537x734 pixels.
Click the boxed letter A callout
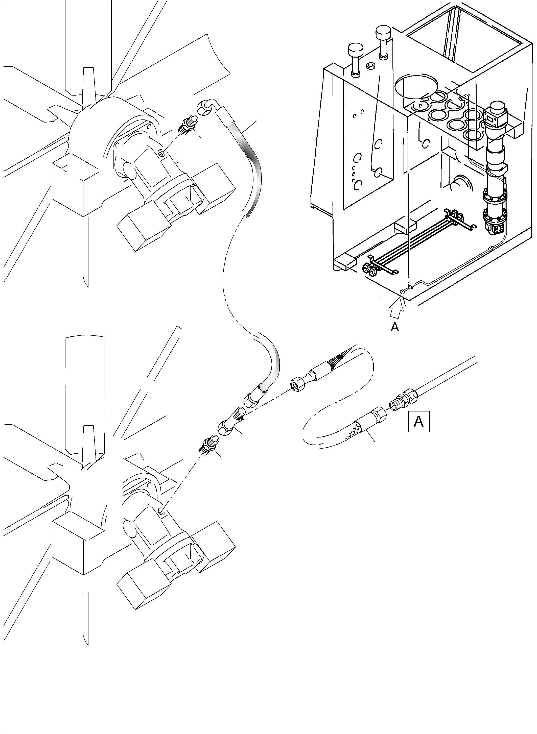coord(419,422)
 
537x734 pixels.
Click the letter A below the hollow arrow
coord(395,327)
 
